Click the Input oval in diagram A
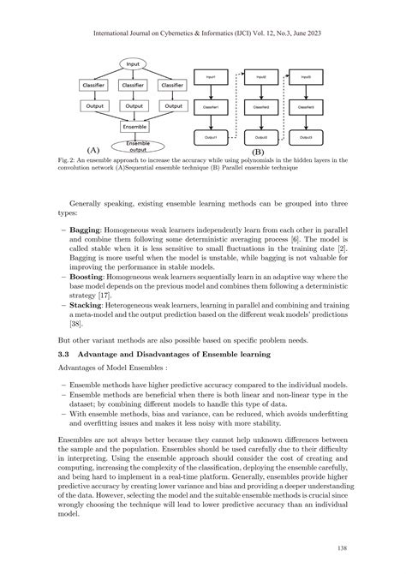[133, 63]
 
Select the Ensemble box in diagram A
[133, 126]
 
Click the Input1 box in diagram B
[211, 77]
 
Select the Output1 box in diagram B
[211, 137]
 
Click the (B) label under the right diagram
[258, 149]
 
